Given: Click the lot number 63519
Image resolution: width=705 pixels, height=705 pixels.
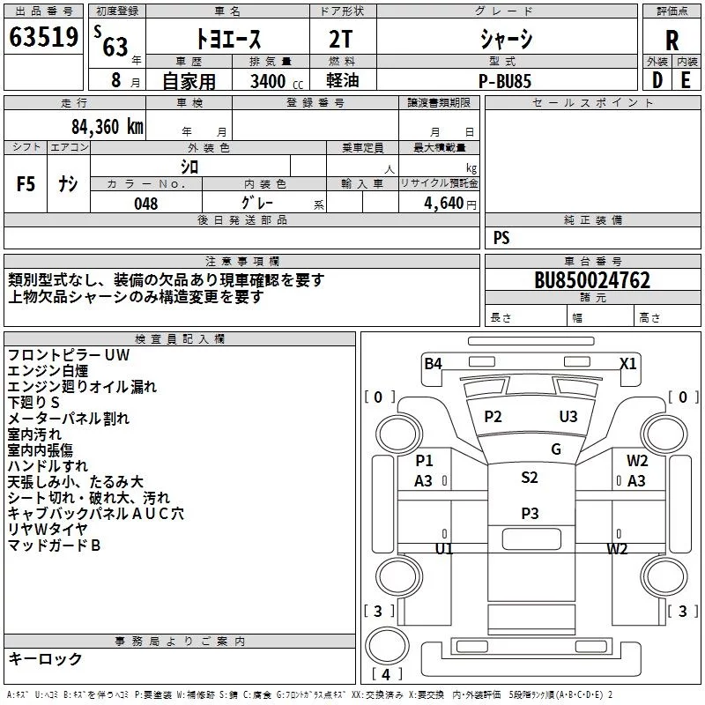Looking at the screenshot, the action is (42, 39).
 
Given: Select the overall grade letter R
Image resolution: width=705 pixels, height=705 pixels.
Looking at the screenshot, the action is (672, 41).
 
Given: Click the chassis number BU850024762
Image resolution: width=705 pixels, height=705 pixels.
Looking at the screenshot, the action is (592, 281).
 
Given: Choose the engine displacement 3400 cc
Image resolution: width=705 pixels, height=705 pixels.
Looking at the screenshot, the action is (276, 81).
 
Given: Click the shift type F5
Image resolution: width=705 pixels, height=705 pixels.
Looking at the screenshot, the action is (26, 184).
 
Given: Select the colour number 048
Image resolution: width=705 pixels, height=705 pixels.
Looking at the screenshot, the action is (146, 204).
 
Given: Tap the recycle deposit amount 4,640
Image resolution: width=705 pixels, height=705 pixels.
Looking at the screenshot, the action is (444, 204).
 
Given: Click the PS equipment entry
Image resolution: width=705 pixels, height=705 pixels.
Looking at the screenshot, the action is (501, 238).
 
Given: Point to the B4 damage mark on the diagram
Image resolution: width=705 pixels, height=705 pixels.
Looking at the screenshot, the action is (433, 363).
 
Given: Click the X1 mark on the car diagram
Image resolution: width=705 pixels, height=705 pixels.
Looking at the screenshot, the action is (627, 363).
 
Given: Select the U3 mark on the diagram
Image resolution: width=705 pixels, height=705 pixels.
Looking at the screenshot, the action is (568, 417).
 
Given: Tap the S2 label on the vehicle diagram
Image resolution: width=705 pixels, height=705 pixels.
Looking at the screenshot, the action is (529, 478).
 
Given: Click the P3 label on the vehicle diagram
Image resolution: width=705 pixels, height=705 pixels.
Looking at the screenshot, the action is (529, 513).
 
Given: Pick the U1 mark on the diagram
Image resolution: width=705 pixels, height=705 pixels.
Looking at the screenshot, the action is (443, 548).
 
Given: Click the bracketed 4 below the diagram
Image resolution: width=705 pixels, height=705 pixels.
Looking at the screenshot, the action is (387, 675).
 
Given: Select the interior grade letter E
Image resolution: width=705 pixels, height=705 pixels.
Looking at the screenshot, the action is (685, 80).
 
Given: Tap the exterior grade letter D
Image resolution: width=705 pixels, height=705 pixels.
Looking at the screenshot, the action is (657, 80).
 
